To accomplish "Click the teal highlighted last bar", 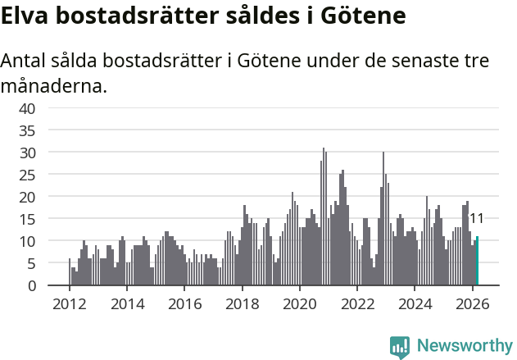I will tap(477, 262).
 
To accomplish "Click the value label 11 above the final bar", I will tap(475, 219).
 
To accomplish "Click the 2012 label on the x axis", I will tap(69, 303).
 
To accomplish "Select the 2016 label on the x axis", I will tap(184, 303).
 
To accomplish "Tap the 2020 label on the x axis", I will tap(299, 303).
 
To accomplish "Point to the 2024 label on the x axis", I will tap(415, 303).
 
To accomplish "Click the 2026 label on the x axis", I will tap(472, 303).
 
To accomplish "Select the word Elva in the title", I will tap(25, 16).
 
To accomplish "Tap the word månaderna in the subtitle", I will tap(54, 84).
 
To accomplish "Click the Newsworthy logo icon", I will tap(400, 346).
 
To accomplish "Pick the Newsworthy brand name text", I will tap(464, 346).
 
